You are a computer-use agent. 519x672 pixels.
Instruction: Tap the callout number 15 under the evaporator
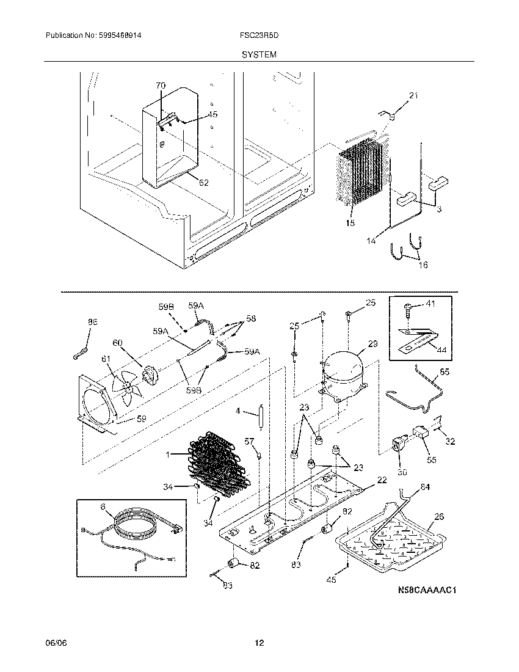(x=349, y=224)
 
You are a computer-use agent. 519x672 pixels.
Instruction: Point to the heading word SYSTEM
(x=259, y=54)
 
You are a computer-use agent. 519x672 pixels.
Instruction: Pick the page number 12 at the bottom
(x=259, y=643)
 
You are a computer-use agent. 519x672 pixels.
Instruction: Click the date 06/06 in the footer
(x=54, y=643)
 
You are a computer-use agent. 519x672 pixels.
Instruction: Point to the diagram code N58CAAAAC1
(x=427, y=590)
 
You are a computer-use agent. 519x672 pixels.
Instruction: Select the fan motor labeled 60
(x=149, y=374)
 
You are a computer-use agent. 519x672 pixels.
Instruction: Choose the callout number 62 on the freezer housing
(x=203, y=182)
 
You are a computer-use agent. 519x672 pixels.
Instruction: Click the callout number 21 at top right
(x=414, y=96)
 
